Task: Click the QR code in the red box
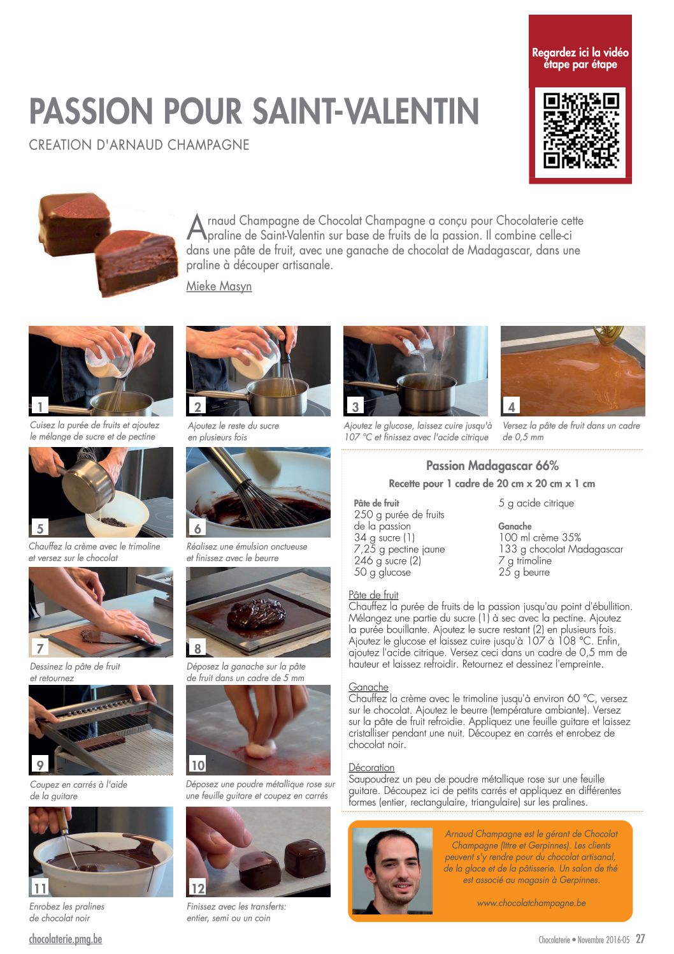click(580, 131)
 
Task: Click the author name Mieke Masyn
click(219, 286)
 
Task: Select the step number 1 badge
click(40, 406)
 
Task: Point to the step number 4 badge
click(512, 406)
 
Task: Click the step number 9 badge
click(40, 765)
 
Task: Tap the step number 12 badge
click(197, 888)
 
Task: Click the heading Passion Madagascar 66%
click(492, 466)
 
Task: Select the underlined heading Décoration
click(371, 767)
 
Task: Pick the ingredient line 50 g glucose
click(382, 572)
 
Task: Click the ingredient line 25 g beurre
click(524, 572)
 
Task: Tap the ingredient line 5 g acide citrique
click(536, 503)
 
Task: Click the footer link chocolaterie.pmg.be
click(66, 939)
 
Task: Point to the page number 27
click(640, 939)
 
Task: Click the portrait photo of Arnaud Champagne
click(392, 870)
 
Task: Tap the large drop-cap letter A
click(196, 228)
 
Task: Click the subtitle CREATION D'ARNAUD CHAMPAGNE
click(139, 145)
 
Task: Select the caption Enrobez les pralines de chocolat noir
click(67, 912)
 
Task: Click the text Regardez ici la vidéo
click(580, 53)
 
